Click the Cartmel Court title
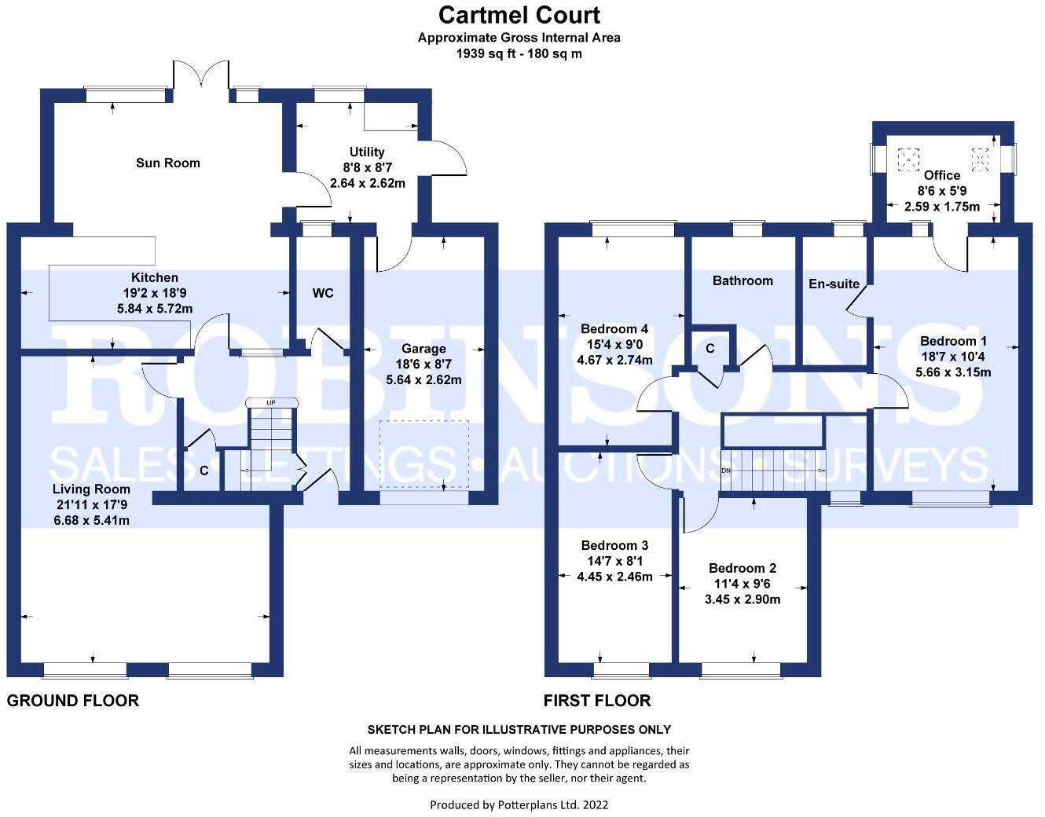(x=519, y=15)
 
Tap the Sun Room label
(x=168, y=163)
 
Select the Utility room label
(x=367, y=152)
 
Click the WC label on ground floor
(x=323, y=293)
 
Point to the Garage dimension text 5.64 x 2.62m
(x=423, y=379)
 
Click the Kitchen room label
(x=155, y=277)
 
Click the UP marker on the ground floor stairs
(x=272, y=403)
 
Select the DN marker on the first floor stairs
(x=725, y=471)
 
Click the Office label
(x=942, y=175)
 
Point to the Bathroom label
(x=742, y=280)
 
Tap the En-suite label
(x=834, y=284)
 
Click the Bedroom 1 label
(x=953, y=341)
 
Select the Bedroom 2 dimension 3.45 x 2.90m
(x=742, y=599)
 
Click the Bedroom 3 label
(x=614, y=545)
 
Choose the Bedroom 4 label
(x=614, y=328)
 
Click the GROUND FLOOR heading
(x=73, y=700)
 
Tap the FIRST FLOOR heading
(x=597, y=700)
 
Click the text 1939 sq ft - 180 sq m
(x=519, y=53)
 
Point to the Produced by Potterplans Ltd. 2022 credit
(x=519, y=804)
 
